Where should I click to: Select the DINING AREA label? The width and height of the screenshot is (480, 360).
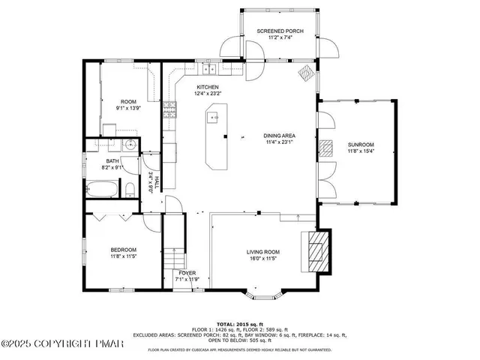pyautogui.click(x=277, y=136)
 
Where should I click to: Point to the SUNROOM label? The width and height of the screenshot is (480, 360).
pyautogui.click(x=360, y=144)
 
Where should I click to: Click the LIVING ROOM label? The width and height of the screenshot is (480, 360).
pyautogui.click(x=263, y=252)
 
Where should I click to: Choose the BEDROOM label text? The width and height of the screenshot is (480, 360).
pyautogui.click(x=124, y=250)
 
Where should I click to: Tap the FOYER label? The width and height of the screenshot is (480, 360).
pyautogui.click(x=187, y=272)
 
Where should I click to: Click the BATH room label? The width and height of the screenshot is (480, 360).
pyautogui.click(x=112, y=161)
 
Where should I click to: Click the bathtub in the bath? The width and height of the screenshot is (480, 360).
pyautogui.click(x=101, y=188)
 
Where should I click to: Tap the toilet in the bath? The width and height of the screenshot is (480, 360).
pyautogui.click(x=129, y=187)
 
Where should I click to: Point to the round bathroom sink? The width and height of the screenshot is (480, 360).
pyautogui.click(x=129, y=146)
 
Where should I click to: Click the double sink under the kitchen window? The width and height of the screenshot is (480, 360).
pyautogui.click(x=208, y=70)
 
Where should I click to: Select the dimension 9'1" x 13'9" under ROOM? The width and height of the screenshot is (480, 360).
pyautogui.click(x=128, y=108)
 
